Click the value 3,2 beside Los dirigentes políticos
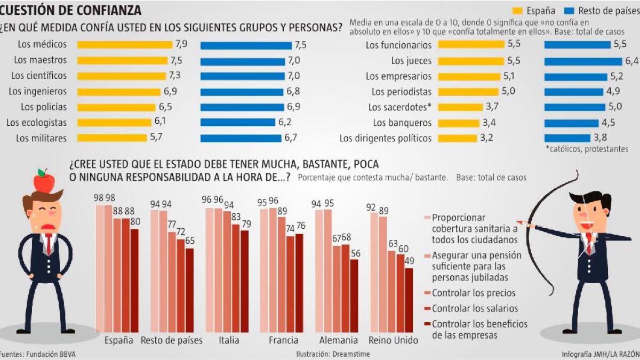pos(486,138)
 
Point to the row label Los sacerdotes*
pos(400,107)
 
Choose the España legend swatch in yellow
pos(517,11)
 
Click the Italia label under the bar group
pos(228,340)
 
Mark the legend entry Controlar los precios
pos(474,293)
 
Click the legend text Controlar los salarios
pos(475,308)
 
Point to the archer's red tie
pos(588,243)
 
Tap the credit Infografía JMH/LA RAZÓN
pos(600,354)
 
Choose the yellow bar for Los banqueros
pos(459,123)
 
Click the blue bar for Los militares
pos(241,138)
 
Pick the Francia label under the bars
pos(283,340)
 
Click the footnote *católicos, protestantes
pos(586,149)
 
